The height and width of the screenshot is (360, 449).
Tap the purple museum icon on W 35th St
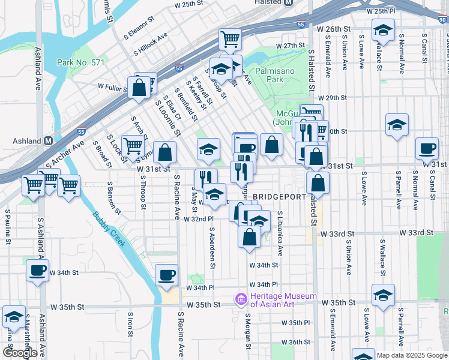(x=241, y=298)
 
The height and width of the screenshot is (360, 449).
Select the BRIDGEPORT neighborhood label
(x=279, y=197)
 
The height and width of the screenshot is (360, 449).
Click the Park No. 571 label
(x=81, y=62)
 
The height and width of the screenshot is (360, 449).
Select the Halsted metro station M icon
(x=288, y=3)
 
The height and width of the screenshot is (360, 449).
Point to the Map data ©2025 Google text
(x=412, y=355)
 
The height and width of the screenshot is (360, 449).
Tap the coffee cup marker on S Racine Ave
(x=166, y=275)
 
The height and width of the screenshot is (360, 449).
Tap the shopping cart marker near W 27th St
(x=229, y=38)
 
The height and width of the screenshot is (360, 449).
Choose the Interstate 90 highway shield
(x=442, y=20)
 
